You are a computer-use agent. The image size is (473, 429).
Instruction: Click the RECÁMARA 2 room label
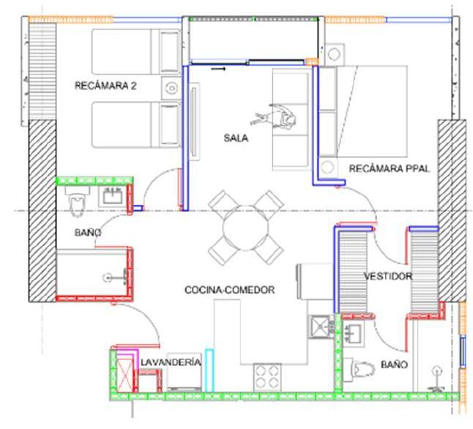point(105,86)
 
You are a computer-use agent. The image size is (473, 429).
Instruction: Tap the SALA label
point(236,138)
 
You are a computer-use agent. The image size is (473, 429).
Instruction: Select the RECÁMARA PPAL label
point(389,168)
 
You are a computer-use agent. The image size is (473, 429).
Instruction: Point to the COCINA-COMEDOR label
point(230,290)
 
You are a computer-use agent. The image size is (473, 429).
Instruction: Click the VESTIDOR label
point(388,276)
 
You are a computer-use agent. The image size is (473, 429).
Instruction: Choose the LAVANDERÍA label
point(171,362)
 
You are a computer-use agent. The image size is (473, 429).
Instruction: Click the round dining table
point(246,228)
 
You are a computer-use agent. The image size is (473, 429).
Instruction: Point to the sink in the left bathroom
point(113,197)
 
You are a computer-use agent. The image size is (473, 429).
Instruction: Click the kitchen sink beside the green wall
point(321,326)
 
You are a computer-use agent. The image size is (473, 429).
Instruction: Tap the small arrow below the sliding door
point(218,69)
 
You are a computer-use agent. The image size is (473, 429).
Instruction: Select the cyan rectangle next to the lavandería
point(209,370)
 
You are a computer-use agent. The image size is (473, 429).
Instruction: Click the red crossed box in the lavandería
point(124,374)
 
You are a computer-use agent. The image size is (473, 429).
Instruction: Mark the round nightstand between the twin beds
point(171,89)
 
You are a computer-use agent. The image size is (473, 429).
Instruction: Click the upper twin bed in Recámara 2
point(136,51)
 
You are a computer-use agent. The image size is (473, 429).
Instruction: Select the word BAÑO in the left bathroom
point(88,233)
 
